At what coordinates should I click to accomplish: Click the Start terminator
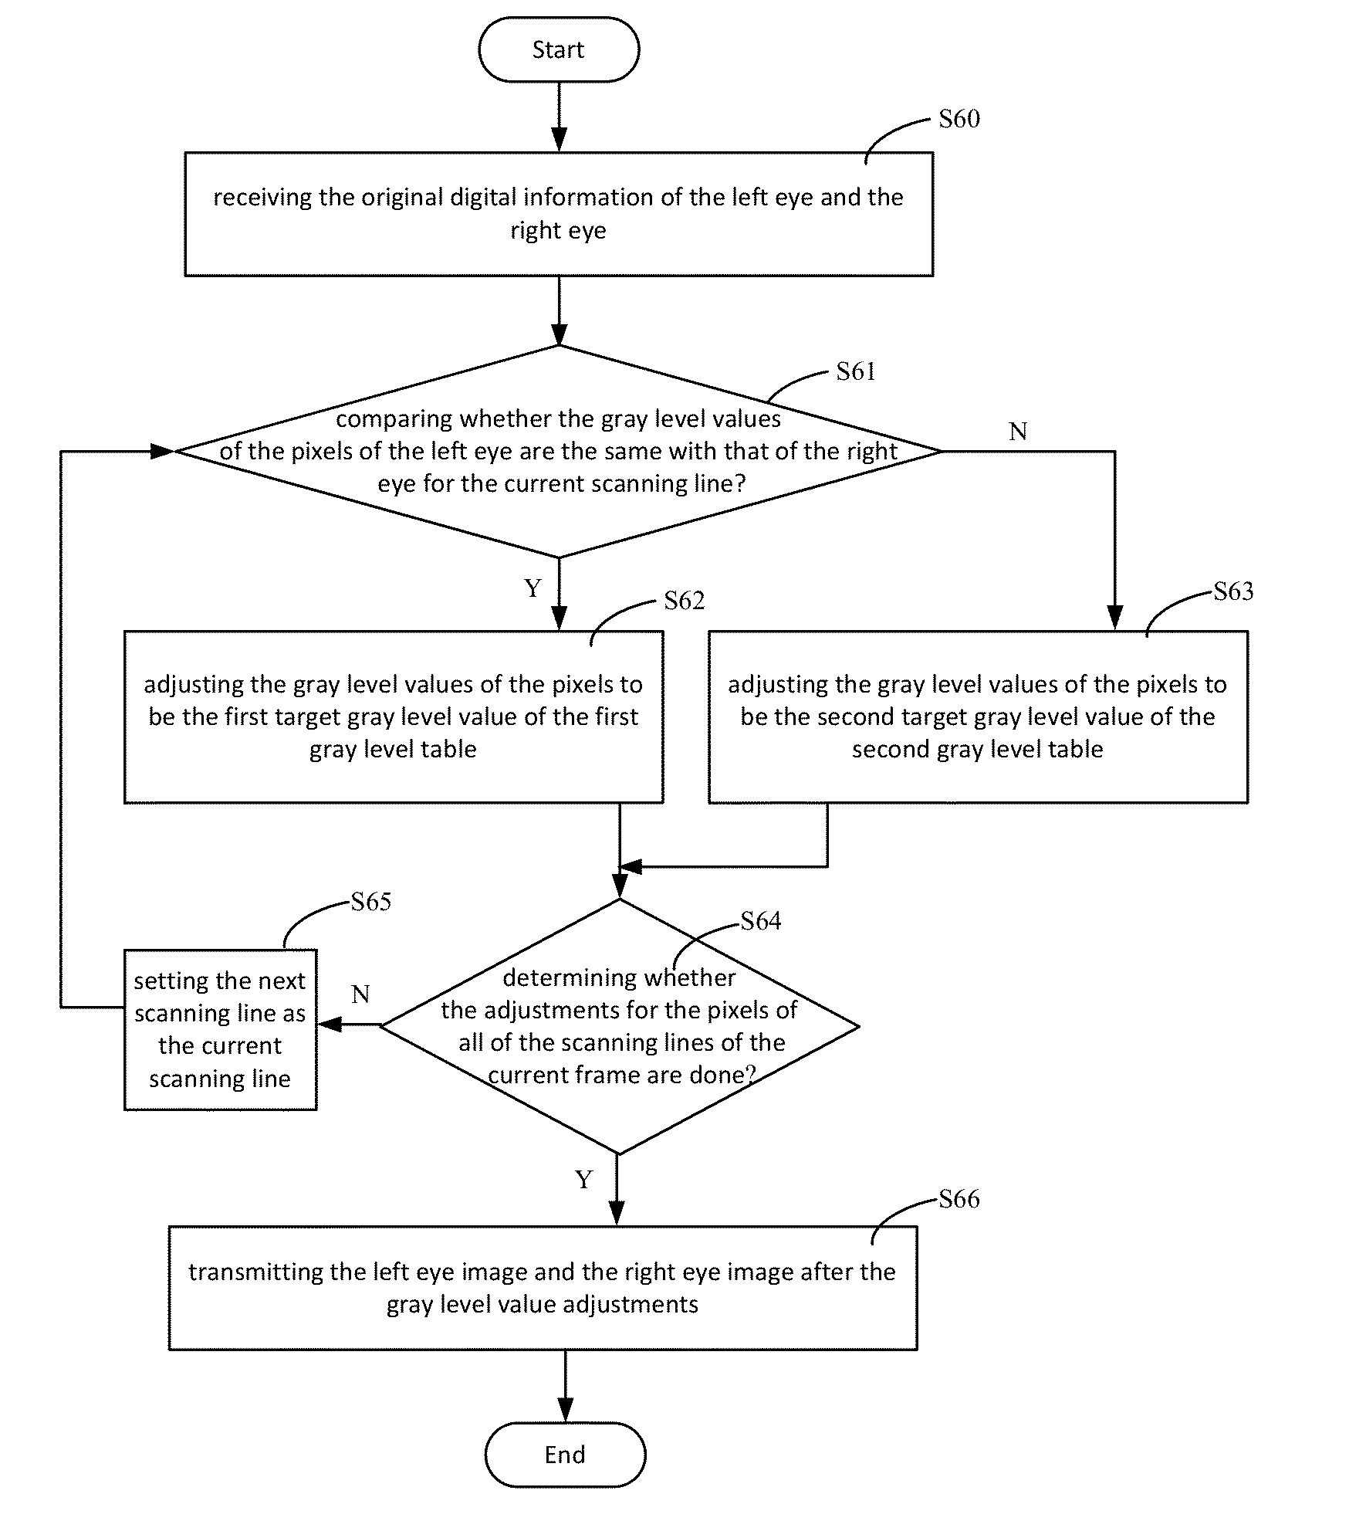click(559, 49)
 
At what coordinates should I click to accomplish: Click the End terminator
click(565, 1455)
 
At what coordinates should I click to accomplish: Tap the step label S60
click(959, 119)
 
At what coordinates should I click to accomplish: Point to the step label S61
click(856, 371)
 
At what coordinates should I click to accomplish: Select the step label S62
click(685, 601)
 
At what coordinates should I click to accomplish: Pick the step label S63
click(1233, 591)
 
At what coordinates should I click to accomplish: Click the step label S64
click(761, 920)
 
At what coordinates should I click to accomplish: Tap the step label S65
click(371, 901)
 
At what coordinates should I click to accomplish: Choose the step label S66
click(959, 1199)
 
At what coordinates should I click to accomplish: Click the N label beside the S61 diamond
click(1018, 432)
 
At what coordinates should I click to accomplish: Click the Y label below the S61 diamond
click(533, 588)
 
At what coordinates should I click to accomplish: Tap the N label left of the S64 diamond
click(360, 994)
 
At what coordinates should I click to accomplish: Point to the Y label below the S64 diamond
click(584, 1180)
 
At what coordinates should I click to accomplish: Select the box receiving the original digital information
click(559, 214)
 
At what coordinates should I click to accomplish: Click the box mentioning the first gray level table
click(394, 717)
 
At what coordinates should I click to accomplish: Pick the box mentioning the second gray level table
click(978, 717)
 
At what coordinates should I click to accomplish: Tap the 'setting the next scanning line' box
click(221, 1030)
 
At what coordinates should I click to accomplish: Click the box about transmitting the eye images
click(543, 1288)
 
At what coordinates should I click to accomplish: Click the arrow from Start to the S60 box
click(559, 117)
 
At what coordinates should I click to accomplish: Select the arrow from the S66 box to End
click(566, 1386)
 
